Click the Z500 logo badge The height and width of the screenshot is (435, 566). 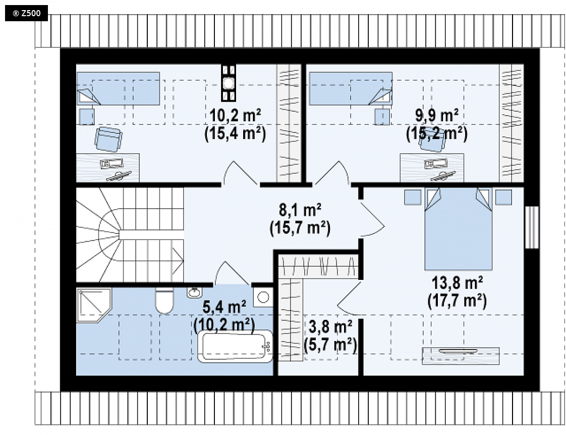(x=26, y=14)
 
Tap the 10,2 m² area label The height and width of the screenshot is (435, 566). (x=235, y=116)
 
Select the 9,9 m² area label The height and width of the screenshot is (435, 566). (x=437, y=115)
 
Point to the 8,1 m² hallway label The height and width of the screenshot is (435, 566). (x=300, y=210)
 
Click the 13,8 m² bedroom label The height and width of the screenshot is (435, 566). (x=458, y=283)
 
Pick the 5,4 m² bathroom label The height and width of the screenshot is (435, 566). (x=224, y=307)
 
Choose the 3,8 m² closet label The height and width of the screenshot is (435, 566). (x=330, y=327)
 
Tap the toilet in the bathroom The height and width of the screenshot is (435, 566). (x=164, y=301)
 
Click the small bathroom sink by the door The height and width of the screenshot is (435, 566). (x=195, y=292)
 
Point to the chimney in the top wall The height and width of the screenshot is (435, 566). (x=228, y=83)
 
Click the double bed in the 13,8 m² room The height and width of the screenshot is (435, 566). (x=459, y=228)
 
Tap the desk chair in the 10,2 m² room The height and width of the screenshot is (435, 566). (x=108, y=139)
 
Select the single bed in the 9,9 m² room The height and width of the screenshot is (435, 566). (x=351, y=88)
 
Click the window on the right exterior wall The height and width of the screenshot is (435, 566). (x=532, y=227)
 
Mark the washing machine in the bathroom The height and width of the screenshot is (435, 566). (x=263, y=297)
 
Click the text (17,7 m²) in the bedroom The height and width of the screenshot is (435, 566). (x=457, y=301)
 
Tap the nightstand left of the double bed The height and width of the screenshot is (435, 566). (x=412, y=198)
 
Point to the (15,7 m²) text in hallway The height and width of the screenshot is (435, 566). (x=300, y=228)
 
